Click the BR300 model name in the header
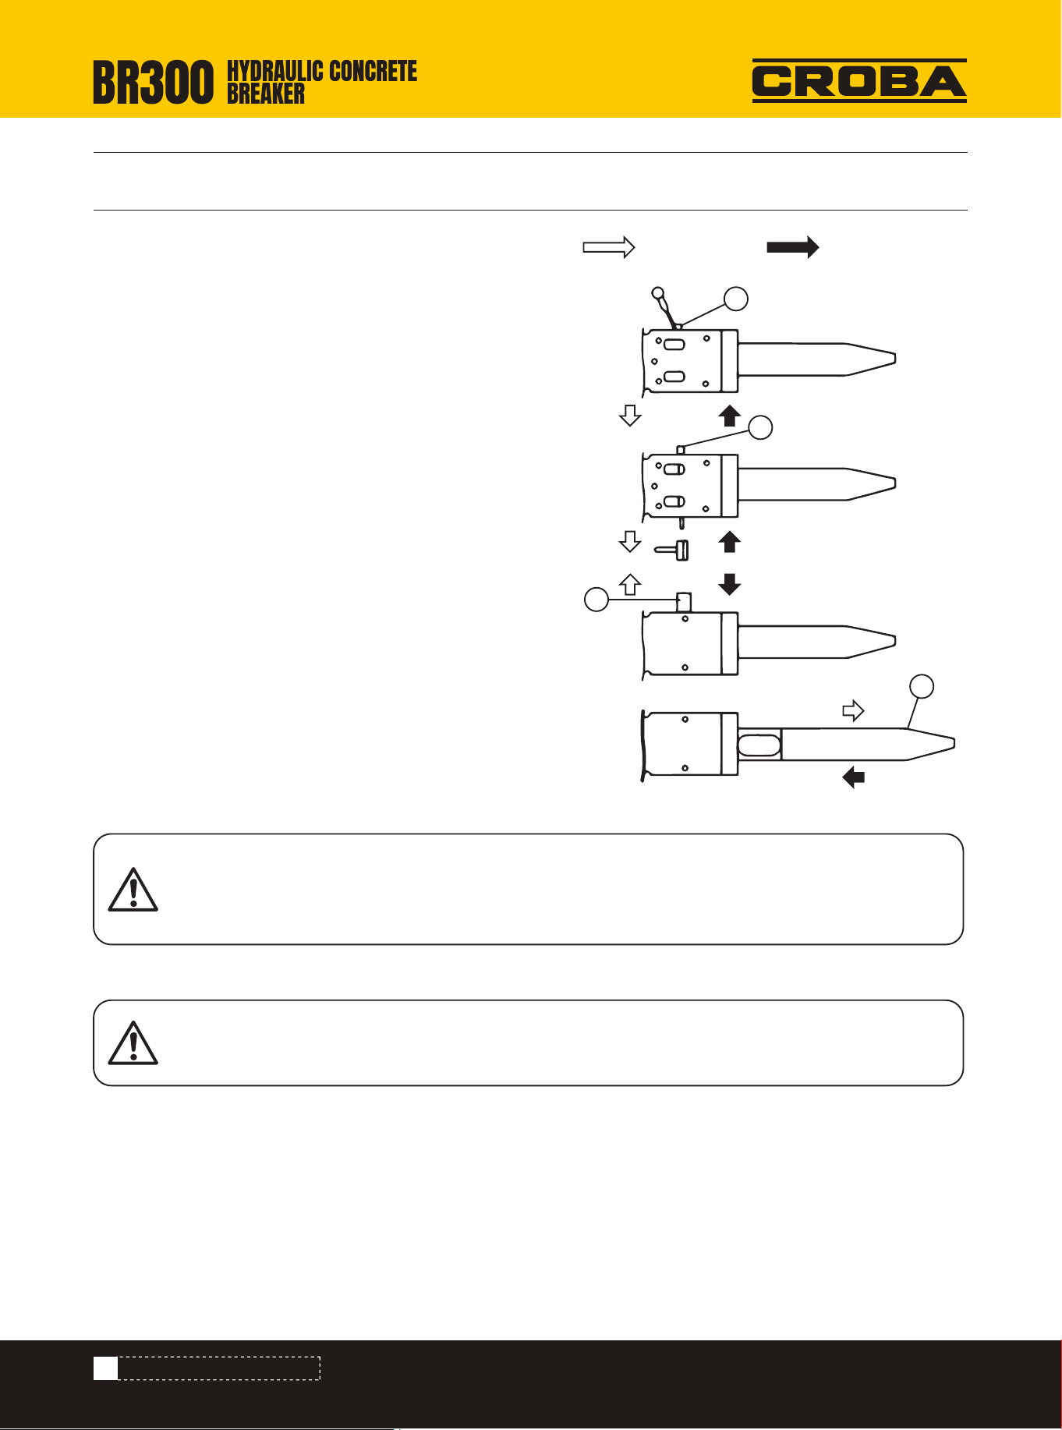pyautogui.click(x=153, y=83)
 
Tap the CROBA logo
pyautogui.click(x=859, y=81)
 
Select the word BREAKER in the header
pyautogui.click(x=266, y=94)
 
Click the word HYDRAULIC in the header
pyautogui.click(x=275, y=71)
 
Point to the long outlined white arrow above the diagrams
pyautogui.click(x=609, y=248)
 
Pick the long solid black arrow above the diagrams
pyautogui.click(x=793, y=247)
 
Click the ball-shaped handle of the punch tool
pyautogui.click(x=657, y=294)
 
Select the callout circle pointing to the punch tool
pyautogui.click(x=736, y=299)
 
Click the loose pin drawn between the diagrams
pyautogui.click(x=671, y=550)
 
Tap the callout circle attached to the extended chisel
pyautogui.click(x=922, y=686)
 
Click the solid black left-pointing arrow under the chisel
pyautogui.click(x=854, y=777)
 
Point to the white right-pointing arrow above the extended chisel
pyautogui.click(x=854, y=710)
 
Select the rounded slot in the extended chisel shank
pyautogui.click(x=759, y=744)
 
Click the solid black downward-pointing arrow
pyautogui.click(x=729, y=584)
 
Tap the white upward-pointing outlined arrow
pyautogui.click(x=630, y=584)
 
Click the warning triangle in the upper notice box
pyautogui.click(x=133, y=890)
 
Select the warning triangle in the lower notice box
pyautogui.click(x=133, y=1042)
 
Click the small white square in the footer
pyautogui.click(x=106, y=1368)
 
